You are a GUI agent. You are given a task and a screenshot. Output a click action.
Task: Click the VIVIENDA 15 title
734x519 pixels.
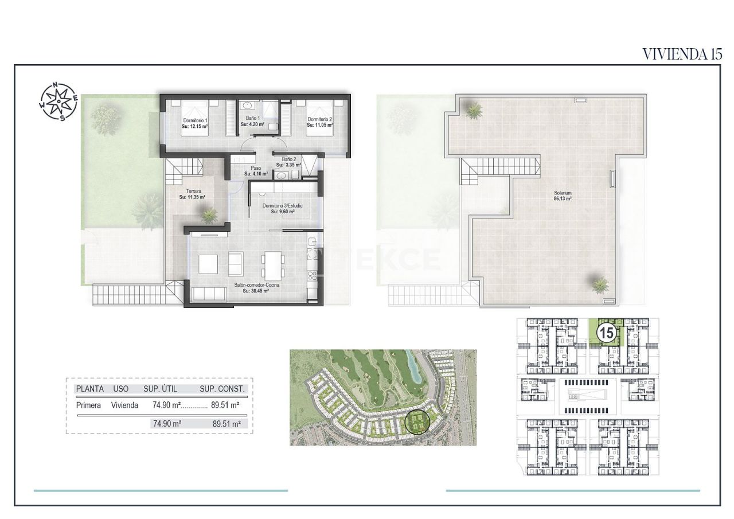[681, 54]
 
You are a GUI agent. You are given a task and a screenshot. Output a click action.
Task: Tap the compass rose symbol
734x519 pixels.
[58, 102]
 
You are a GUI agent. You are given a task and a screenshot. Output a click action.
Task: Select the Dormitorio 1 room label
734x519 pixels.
[194, 123]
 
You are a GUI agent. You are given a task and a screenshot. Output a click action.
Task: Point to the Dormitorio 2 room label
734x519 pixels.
[319, 123]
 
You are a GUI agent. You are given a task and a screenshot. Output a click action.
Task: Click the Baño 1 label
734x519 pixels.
[252, 121]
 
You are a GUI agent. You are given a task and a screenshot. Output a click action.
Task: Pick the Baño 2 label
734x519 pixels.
[288, 162]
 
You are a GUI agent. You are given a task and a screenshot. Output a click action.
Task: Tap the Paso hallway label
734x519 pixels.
[256, 171]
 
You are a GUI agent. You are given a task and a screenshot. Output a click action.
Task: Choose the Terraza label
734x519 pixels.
[192, 194]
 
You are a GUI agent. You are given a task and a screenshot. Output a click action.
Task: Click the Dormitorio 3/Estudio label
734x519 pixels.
[282, 208]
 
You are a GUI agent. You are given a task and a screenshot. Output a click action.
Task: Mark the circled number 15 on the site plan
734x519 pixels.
[606, 332]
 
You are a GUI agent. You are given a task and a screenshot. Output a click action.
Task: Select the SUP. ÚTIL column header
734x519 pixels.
[160, 388]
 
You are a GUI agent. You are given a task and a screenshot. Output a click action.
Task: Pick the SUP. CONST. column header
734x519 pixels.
[222, 388]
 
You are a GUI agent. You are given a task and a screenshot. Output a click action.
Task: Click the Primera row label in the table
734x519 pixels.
[88, 405]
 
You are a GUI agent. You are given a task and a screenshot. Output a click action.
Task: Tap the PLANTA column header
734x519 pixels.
[89, 388]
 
